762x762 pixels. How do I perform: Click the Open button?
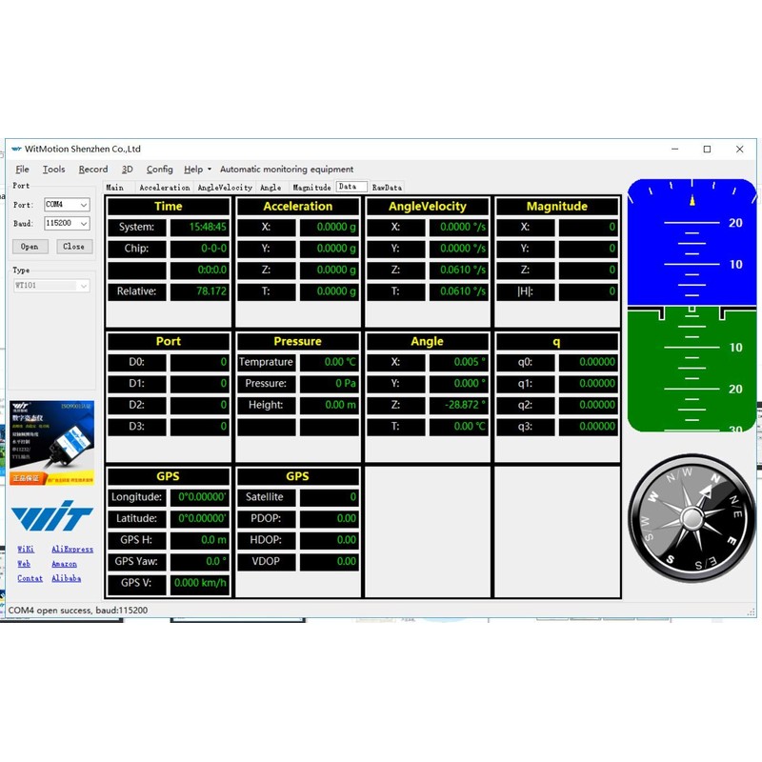click(x=30, y=246)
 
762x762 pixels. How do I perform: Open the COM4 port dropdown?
click(x=67, y=205)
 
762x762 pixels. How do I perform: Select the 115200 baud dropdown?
click(x=67, y=224)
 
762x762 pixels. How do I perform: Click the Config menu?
click(x=159, y=170)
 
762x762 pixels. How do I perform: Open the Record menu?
click(x=93, y=170)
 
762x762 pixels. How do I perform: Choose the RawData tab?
click(x=387, y=188)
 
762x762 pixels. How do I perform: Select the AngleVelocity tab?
click(x=225, y=188)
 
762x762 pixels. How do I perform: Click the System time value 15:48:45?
click(x=200, y=228)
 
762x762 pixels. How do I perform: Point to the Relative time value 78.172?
click(x=200, y=291)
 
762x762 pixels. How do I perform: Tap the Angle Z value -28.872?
click(x=459, y=405)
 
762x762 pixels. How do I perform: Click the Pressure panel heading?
click(x=297, y=341)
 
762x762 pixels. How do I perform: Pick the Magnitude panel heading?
click(x=556, y=206)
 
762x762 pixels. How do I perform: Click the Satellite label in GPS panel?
click(x=264, y=497)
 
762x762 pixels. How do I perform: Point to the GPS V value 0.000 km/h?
click(x=200, y=583)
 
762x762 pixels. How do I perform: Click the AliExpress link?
click(x=72, y=550)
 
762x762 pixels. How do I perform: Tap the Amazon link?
click(x=64, y=564)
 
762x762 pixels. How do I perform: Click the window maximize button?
click(x=707, y=150)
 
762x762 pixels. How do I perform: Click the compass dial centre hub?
click(x=692, y=520)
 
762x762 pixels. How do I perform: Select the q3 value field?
click(x=589, y=427)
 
